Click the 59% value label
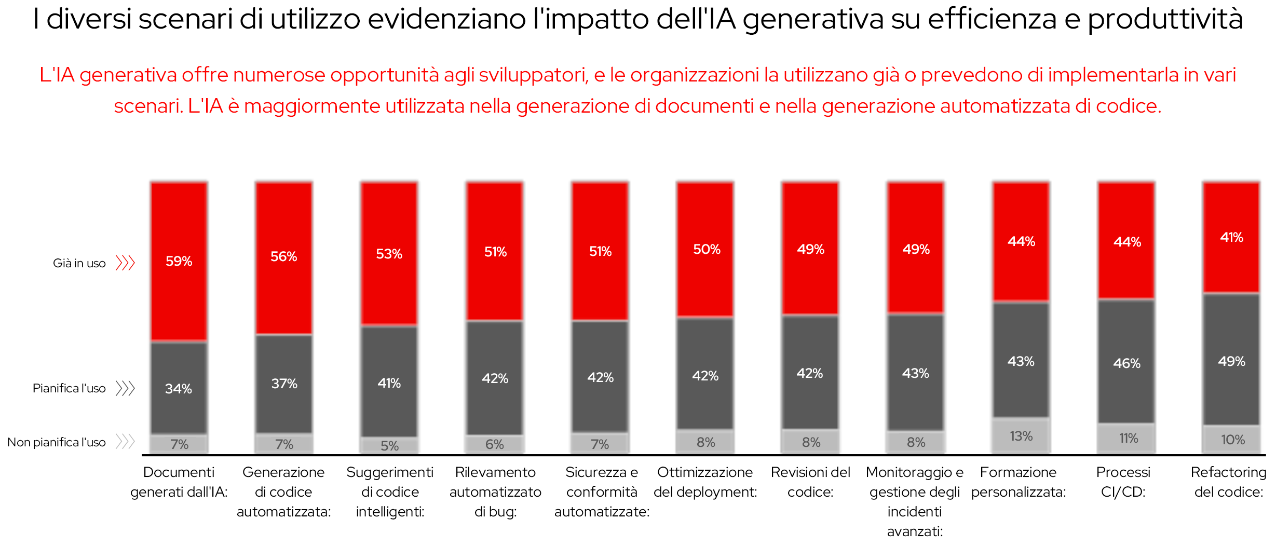[x=179, y=261]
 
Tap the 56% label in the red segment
[x=283, y=256]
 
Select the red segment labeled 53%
[x=389, y=254]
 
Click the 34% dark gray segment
[x=179, y=388]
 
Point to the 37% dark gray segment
[x=284, y=384]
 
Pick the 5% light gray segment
[x=389, y=445]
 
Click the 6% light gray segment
[x=494, y=444]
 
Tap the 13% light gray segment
[x=1021, y=436]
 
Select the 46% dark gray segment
[x=1126, y=363]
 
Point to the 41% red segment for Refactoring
[x=1231, y=237]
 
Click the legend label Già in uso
[x=79, y=263]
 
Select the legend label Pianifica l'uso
[x=69, y=388]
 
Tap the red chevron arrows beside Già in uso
[x=125, y=263]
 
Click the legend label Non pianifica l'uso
[x=56, y=442]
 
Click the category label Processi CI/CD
[x=1123, y=482]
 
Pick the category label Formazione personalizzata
[x=1018, y=482]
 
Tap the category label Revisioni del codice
[x=810, y=482]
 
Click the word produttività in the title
[x=1165, y=19]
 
